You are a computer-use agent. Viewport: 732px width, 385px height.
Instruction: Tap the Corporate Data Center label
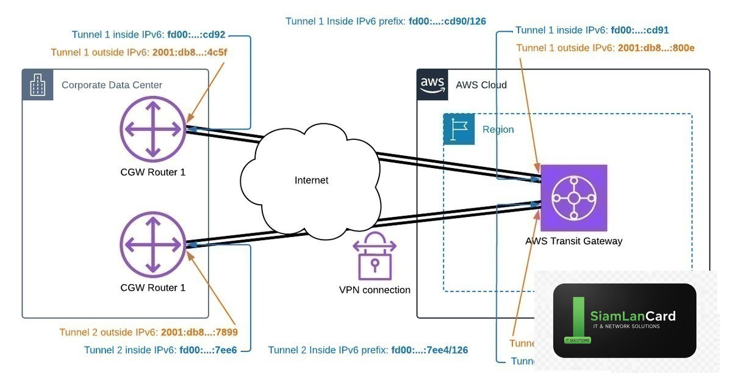coord(112,85)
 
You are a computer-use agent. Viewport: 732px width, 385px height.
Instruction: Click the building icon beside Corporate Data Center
coord(37,84)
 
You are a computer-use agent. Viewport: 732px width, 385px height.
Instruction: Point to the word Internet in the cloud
coord(311,180)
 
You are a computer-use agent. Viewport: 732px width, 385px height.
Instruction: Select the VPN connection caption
coord(375,290)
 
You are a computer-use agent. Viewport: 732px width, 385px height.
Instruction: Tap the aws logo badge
coord(433,84)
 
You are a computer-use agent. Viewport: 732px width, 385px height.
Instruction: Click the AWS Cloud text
coord(481,85)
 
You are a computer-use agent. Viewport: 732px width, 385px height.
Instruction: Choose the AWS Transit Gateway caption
coord(573,241)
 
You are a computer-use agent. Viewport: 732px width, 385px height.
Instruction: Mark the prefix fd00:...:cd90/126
coord(447,21)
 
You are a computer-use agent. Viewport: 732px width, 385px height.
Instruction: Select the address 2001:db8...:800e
coord(656,48)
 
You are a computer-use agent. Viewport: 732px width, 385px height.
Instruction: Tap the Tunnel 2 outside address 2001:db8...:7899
coord(199,333)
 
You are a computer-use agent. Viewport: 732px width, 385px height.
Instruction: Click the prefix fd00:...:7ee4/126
coord(429,350)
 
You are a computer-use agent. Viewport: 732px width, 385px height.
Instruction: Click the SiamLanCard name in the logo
coord(633,316)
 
